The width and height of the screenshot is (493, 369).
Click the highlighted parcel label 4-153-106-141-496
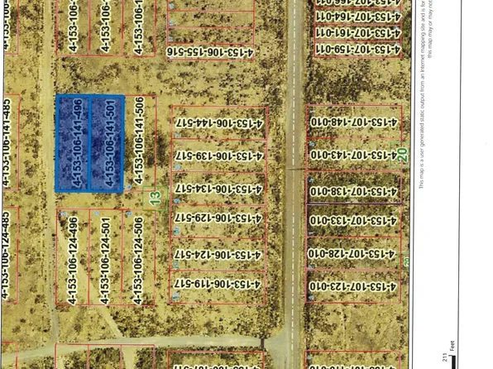(78, 143)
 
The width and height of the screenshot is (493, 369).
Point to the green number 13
(155, 199)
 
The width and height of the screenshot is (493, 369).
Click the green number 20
(403, 154)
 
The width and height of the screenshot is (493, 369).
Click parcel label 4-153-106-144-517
(218, 123)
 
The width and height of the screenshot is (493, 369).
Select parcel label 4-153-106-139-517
(218, 156)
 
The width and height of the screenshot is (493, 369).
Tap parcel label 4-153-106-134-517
(218, 189)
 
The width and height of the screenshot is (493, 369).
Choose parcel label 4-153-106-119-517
(218, 284)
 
